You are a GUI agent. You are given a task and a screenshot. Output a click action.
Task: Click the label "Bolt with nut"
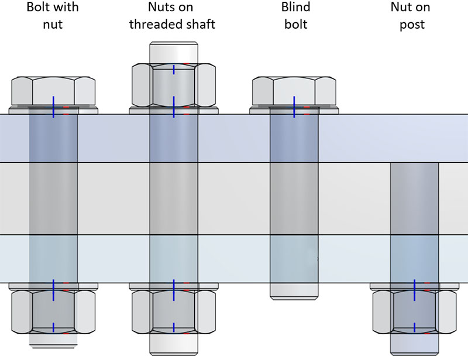tap(53, 16)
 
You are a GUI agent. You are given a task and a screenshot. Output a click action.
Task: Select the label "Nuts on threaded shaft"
tap(174, 16)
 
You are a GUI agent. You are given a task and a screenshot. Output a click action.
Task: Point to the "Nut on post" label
tap(414, 16)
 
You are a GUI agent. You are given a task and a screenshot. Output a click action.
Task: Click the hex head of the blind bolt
tap(294, 90)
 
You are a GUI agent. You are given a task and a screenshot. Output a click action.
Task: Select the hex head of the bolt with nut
tap(53, 90)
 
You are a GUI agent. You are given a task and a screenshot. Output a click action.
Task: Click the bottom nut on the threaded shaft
tap(174, 311)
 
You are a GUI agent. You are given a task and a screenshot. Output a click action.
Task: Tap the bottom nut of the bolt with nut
tap(53, 311)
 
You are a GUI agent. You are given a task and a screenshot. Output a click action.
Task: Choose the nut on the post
tap(414, 311)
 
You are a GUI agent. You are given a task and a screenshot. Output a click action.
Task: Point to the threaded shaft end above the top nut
tap(174, 51)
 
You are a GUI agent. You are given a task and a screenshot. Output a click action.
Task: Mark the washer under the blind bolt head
tap(294, 110)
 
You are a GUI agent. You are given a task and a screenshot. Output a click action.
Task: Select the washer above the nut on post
tap(414, 286)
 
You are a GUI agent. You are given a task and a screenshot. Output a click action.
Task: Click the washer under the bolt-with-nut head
tap(53, 110)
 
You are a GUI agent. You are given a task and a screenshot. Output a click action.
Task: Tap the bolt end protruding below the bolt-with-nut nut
tap(53, 340)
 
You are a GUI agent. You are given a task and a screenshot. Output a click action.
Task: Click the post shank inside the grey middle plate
tap(414, 199)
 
